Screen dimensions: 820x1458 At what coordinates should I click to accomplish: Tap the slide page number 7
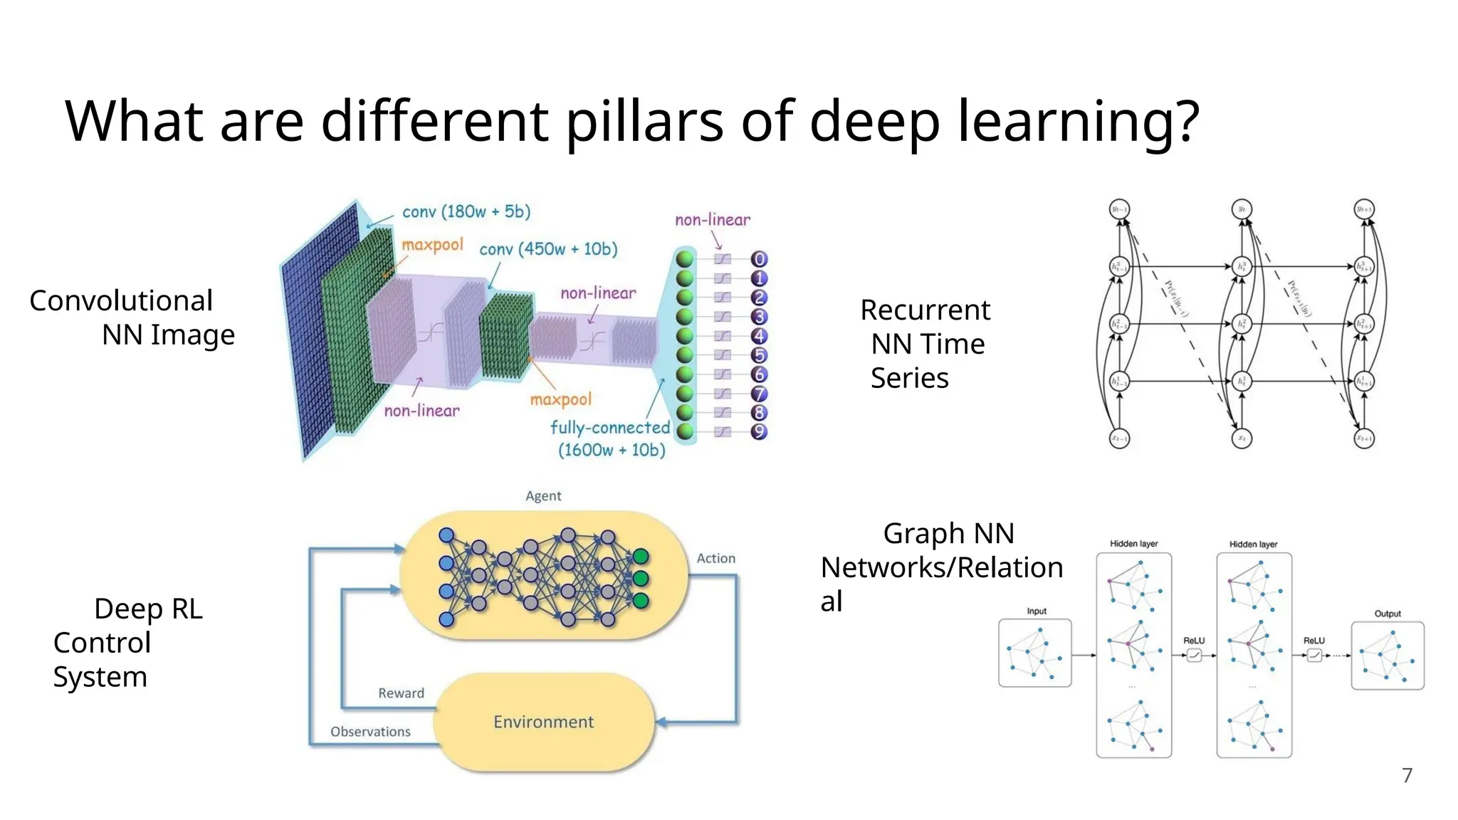pos(1407,775)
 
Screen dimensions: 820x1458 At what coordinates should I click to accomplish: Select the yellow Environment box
pos(543,722)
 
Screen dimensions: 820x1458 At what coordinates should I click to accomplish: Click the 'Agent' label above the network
pos(543,496)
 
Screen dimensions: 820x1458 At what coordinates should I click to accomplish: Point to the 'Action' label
pos(715,559)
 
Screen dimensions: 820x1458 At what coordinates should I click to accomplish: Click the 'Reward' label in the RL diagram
pos(401,693)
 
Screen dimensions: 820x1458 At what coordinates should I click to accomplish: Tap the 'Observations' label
pos(370,732)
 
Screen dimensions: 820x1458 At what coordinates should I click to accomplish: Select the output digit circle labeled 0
pos(759,259)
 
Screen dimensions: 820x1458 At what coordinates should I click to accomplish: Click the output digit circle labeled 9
pos(759,431)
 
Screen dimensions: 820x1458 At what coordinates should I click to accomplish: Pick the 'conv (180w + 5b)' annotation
pos(466,211)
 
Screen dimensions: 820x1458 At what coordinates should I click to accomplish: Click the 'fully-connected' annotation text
pos(610,428)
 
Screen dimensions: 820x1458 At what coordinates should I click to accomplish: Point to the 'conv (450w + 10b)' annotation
pos(548,249)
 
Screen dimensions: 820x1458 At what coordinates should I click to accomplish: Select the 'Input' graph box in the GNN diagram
pos(1034,653)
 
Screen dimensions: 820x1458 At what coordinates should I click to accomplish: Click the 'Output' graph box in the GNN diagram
pos(1388,656)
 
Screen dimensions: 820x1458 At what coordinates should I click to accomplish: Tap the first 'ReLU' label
pos(1194,641)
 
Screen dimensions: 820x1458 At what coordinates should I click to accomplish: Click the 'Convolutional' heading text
pos(121,301)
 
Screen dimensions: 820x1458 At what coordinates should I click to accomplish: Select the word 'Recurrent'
pos(925,310)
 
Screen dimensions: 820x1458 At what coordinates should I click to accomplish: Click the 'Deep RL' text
pos(148,609)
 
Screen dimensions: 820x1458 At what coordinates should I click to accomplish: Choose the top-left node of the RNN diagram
pos(1119,209)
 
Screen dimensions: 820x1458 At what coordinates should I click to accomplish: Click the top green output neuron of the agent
pos(640,556)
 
